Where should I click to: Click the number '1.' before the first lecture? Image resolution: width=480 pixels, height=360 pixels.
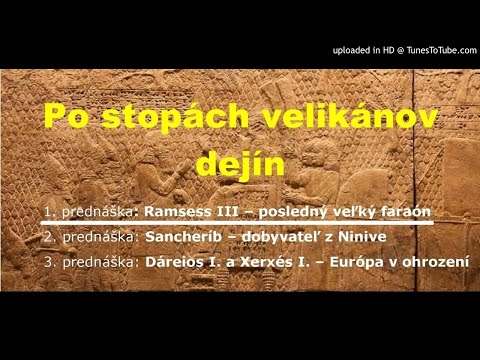(49, 211)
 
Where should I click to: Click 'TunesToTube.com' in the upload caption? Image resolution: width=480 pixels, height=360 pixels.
(432, 50)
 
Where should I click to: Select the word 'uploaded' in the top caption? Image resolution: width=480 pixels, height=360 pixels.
(350, 50)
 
